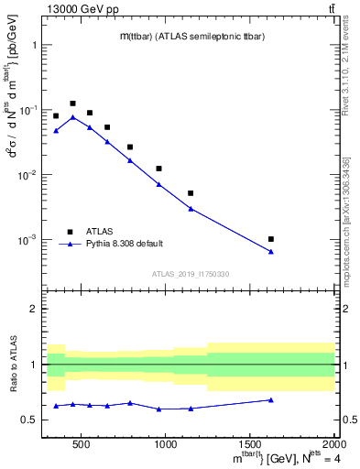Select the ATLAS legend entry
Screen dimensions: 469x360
(x=94, y=232)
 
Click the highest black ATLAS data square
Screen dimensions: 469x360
(x=72, y=104)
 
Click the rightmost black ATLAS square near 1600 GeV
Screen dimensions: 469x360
(x=271, y=239)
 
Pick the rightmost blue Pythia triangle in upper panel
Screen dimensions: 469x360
(x=271, y=252)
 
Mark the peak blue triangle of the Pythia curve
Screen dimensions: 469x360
(x=72, y=117)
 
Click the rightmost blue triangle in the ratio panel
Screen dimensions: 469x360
(x=271, y=399)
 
